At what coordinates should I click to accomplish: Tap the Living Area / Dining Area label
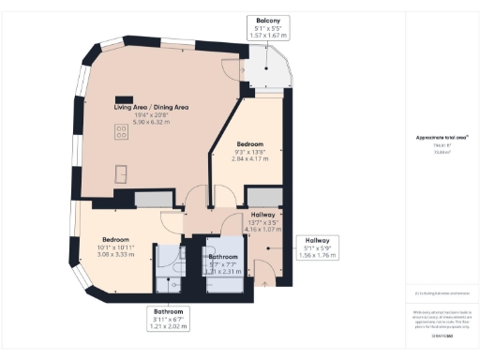[152, 107]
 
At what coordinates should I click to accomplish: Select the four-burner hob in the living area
[121, 133]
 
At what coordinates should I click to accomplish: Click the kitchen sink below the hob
[122, 171]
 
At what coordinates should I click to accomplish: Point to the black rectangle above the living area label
[122, 97]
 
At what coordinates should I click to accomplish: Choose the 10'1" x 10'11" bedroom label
[122, 245]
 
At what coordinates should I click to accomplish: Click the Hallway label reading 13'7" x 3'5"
[262, 221]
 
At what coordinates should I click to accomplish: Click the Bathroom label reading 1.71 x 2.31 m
[223, 263]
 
